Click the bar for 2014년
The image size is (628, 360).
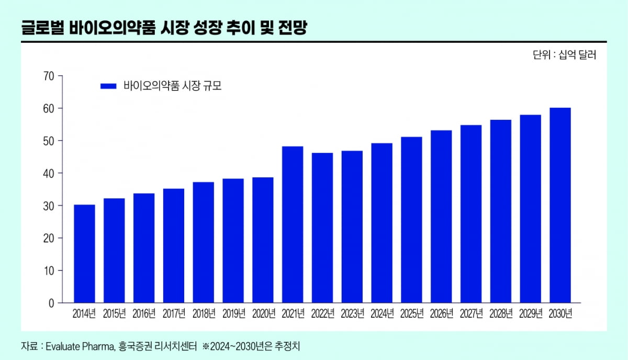[84, 254]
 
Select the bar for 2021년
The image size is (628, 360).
[293, 224]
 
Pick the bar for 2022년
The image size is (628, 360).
[322, 228]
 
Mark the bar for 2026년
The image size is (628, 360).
[441, 217]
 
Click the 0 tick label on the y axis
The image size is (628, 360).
[52, 303]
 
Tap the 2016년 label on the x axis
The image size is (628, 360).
[144, 314]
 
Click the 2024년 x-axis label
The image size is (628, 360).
[382, 314]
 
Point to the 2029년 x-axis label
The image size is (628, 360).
[530, 314]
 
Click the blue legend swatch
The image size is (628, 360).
[108, 86]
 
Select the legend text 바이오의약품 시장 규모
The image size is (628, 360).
[173, 86]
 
